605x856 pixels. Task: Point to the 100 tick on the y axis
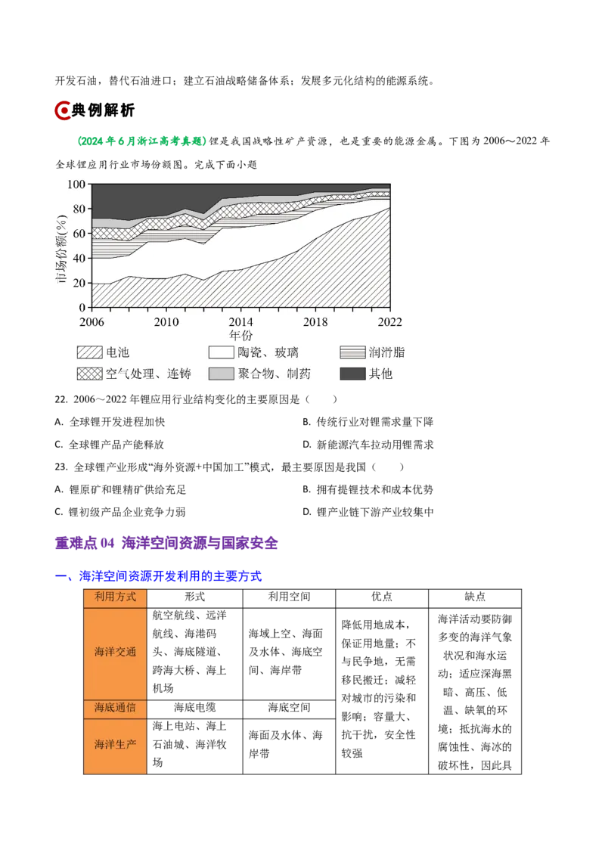coord(76,184)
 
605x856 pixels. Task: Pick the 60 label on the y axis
coord(79,234)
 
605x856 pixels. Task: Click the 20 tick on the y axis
coord(79,283)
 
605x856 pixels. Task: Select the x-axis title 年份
coord(240,335)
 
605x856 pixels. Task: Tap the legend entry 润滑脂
coord(386,352)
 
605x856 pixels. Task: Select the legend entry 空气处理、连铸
coord(148,374)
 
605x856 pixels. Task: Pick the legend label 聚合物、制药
coord(274,374)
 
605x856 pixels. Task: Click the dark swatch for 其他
coord(352,374)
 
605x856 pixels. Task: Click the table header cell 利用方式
coord(115,597)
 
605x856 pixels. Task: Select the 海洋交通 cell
coord(115,652)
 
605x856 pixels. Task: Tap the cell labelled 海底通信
coord(115,709)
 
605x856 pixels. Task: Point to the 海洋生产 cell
coord(115,745)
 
